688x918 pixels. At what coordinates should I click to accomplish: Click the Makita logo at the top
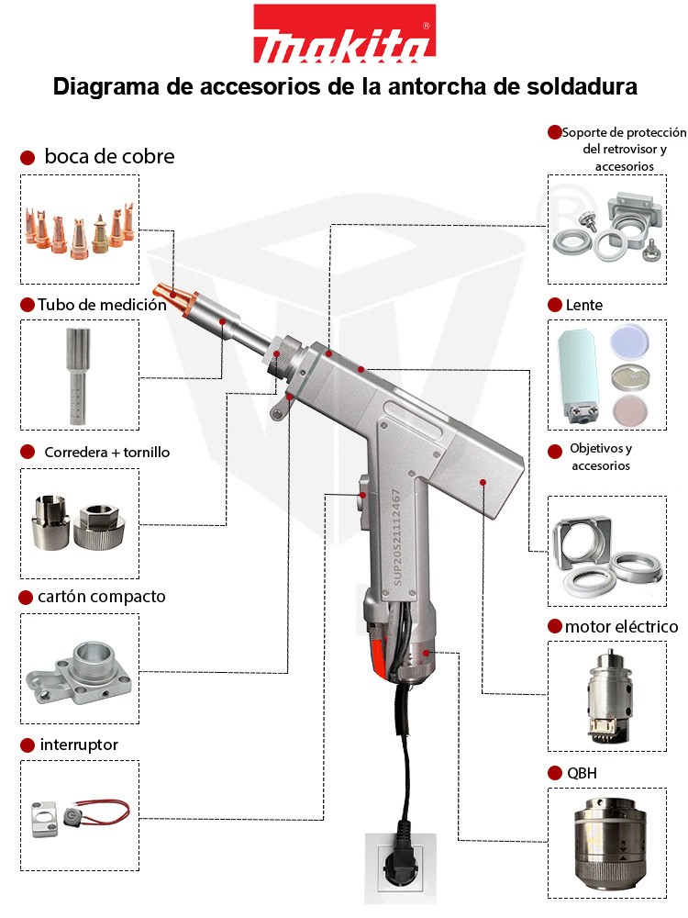(x=344, y=35)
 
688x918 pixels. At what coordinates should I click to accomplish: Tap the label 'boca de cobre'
(x=109, y=157)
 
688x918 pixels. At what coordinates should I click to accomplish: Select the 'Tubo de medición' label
(x=102, y=305)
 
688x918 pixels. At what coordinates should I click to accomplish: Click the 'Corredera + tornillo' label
(x=107, y=453)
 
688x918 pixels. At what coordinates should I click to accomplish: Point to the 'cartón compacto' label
(x=102, y=597)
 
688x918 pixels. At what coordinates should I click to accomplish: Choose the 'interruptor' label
(x=79, y=744)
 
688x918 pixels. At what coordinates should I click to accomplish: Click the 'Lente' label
(x=584, y=305)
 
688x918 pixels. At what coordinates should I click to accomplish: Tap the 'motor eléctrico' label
(x=621, y=627)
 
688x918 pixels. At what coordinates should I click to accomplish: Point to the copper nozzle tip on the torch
(x=174, y=297)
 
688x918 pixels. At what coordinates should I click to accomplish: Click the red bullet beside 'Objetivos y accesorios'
(x=554, y=452)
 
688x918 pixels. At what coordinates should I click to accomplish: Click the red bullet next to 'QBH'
(x=554, y=773)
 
